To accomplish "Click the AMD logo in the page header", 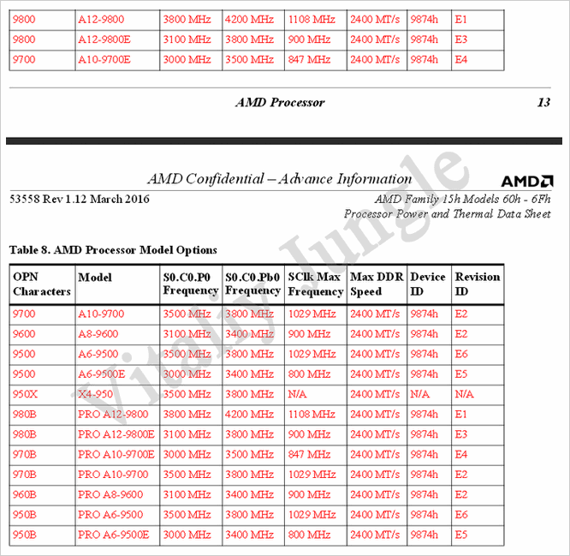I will point(526,181).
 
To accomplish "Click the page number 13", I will point(543,102).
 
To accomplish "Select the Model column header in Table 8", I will point(95,278).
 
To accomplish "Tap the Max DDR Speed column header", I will point(377,284).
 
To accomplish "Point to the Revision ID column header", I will point(477,284).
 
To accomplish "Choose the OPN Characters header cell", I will point(41,284).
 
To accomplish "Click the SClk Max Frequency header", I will point(315,284).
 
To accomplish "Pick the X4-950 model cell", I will point(95,394).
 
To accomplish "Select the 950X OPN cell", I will point(25,394).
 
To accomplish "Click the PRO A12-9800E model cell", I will point(116,434).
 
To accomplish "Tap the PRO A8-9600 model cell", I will point(110,494).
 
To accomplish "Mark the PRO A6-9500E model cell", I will point(113,535).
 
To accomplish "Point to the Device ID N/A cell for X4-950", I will point(420,394).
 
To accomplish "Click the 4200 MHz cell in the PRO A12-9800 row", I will point(250,414).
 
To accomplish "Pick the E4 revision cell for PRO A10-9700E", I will point(461,454).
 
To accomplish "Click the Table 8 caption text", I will point(113,250).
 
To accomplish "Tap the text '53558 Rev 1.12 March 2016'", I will point(80,200).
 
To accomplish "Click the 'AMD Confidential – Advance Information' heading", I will point(279,179).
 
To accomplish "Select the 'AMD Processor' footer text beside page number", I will point(280,102).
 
